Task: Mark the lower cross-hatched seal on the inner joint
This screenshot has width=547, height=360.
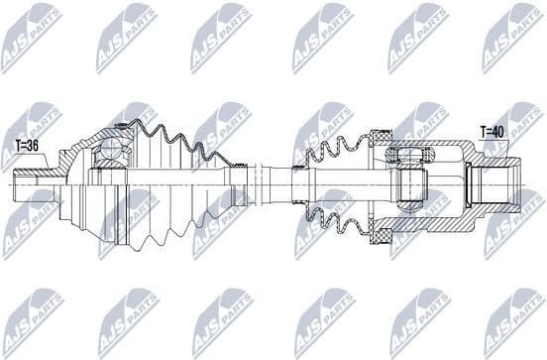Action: (379, 236)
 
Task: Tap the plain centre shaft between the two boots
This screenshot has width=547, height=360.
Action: (273, 183)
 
